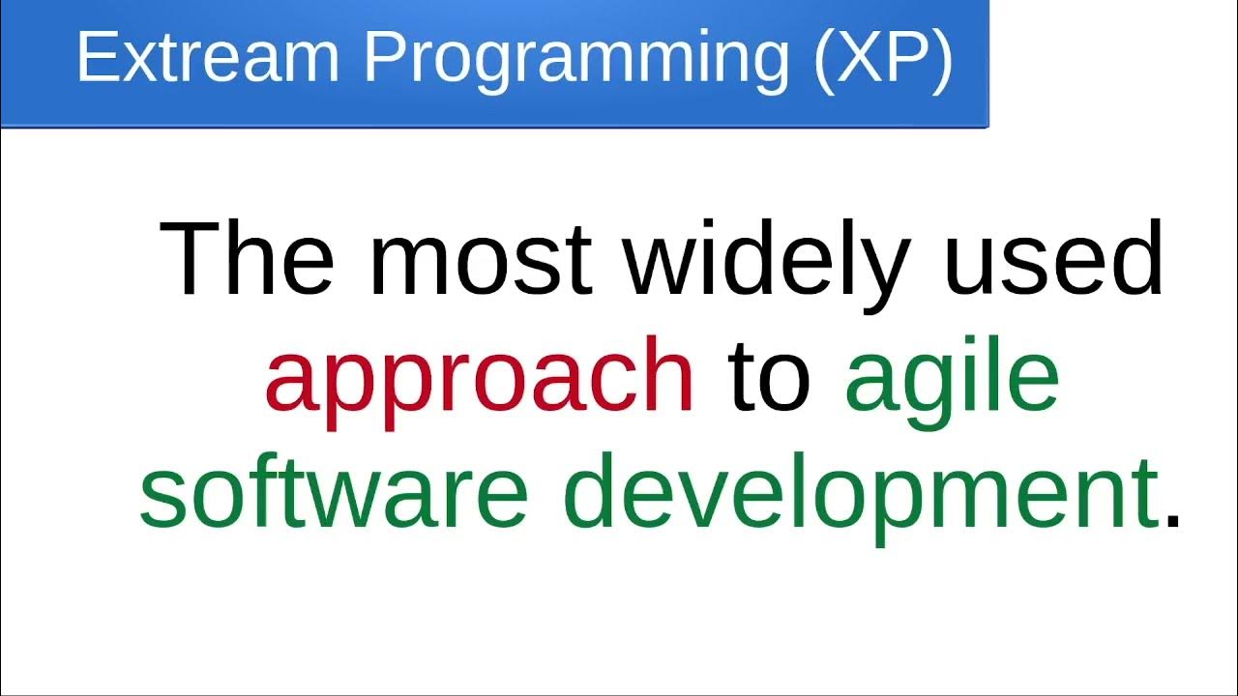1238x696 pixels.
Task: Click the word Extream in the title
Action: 207,57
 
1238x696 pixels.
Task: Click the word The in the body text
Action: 247,259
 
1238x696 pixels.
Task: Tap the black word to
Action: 769,377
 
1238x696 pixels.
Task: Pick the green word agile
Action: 952,379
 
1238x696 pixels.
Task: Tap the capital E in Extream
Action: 94,57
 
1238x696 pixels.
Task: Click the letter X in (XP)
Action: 860,57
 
